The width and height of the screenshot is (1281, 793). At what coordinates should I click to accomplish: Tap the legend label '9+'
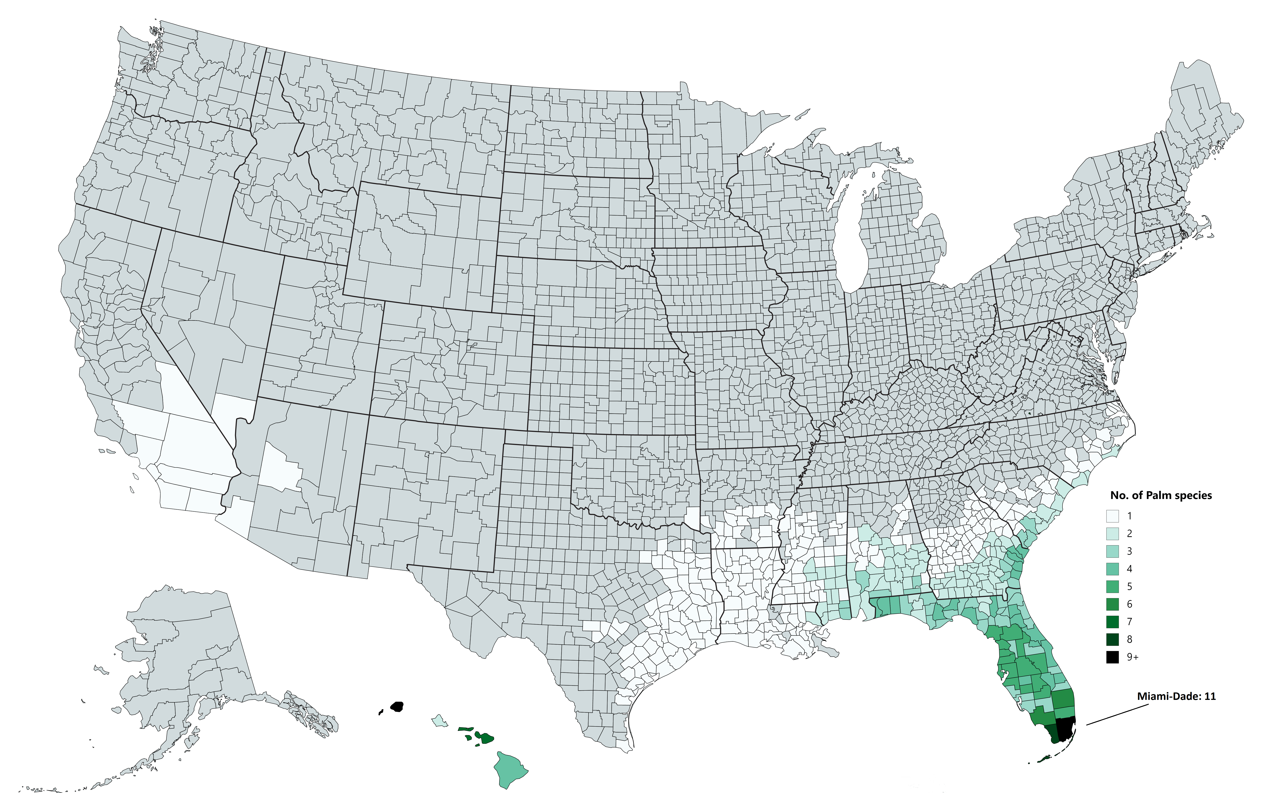(1132, 657)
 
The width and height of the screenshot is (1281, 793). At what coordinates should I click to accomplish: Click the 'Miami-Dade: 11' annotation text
(1176, 697)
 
